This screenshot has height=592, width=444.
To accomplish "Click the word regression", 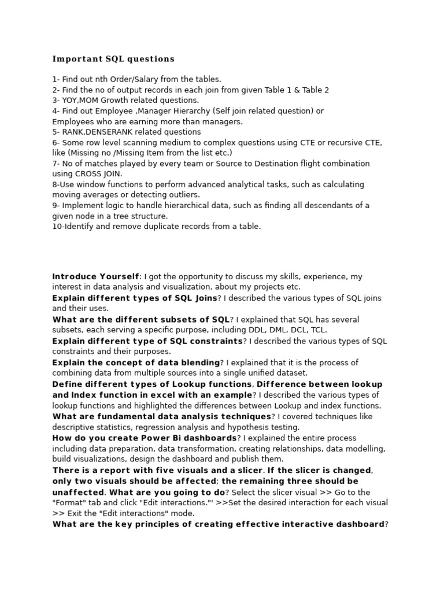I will tap(156, 427).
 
